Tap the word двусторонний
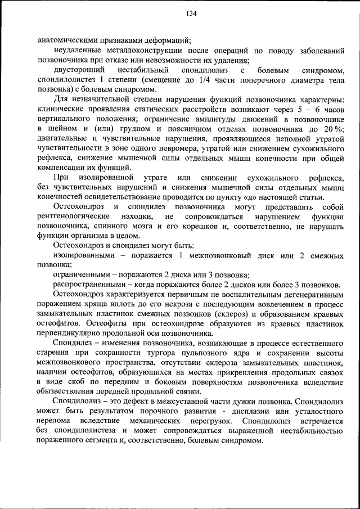click(x=79, y=71)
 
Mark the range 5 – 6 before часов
click(x=303, y=110)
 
